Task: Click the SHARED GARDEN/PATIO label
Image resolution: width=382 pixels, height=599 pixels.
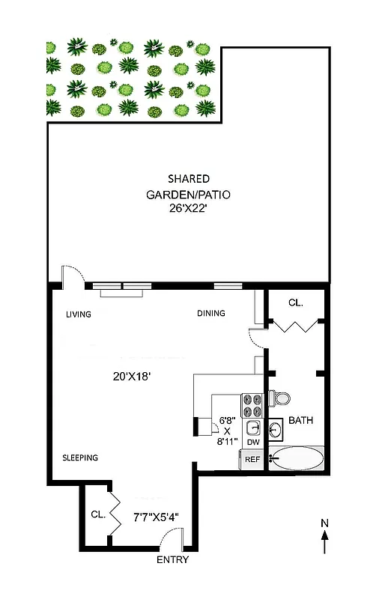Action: click(x=188, y=186)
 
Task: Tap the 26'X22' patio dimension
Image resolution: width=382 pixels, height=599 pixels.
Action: click(x=188, y=210)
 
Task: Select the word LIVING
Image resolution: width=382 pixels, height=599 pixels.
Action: click(x=78, y=314)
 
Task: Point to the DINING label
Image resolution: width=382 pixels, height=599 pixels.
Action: click(x=210, y=314)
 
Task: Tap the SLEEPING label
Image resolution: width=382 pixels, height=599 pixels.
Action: click(x=80, y=457)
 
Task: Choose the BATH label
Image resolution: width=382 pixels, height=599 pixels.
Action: click(x=300, y=421)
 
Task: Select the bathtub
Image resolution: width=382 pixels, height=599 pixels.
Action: click(x=297, y=458)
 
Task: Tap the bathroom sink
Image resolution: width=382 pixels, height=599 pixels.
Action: click(x=275, y=430)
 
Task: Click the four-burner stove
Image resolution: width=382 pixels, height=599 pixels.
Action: click(x=252, y=405)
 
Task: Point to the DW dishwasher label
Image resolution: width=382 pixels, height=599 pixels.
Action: click(x=253, y=443)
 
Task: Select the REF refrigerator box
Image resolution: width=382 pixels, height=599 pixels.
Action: click(x=252, y=460)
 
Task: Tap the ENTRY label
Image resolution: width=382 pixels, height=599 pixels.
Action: click(x=172, y=560)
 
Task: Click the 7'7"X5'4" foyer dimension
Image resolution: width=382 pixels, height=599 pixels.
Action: click(x=156, y=516)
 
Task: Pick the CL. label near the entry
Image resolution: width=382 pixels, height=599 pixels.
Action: click(x=98, y=514)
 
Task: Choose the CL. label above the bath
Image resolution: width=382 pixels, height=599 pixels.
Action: click(x=296, y=302)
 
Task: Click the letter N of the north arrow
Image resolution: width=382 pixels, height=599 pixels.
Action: click(x=324, y=523)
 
